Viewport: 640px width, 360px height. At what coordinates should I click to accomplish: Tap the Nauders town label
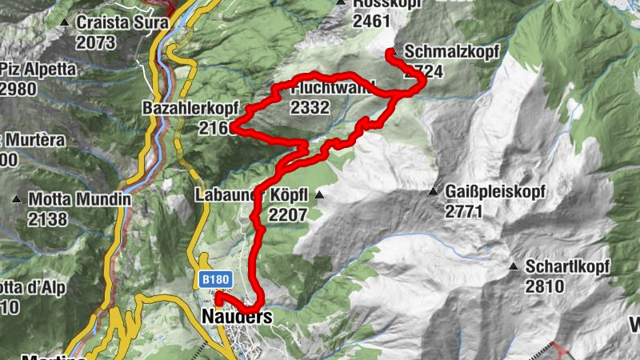click(238, 318)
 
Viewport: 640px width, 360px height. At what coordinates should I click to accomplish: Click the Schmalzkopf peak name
click(452, 52)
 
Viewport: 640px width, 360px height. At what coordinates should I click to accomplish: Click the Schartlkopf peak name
click(568, 266)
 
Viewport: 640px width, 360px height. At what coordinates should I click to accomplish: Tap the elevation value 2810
click(545, 286)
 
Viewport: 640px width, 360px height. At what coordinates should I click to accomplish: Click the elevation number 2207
click(288, 214)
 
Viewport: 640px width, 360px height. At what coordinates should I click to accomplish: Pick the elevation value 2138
click(49, 218)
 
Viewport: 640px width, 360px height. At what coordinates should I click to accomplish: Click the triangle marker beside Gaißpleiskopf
click(434, 192)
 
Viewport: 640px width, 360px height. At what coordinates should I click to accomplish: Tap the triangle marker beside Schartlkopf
click(513, 266)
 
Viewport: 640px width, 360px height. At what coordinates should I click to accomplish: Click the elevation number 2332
click(310, 107)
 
